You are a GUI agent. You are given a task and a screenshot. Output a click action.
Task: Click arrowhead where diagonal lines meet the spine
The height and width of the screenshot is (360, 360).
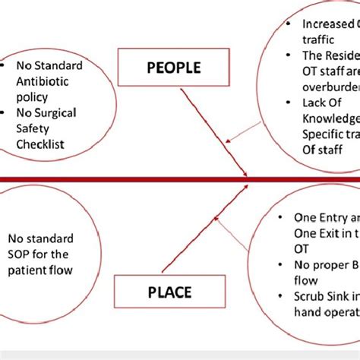246,179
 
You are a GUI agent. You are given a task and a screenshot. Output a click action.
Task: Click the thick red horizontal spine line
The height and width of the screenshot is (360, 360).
114,179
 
